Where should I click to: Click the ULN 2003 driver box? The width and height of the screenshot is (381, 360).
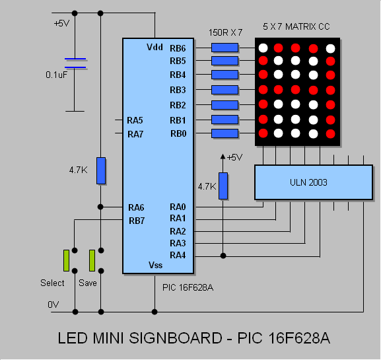[x=314, y=182]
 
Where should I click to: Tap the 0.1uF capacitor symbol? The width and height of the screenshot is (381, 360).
[x=75, y=63]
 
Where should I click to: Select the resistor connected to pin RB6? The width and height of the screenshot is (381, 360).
[x=225, y=48]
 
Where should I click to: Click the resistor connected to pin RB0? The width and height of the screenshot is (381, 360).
[x=225, y=133]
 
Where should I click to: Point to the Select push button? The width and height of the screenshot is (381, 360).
[x=66, y=260]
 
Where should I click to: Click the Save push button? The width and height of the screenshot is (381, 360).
[x=92, y=260]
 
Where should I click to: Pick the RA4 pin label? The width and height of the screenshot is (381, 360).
[x=178, y=255]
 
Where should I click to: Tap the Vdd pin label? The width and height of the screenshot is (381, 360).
[x=155, y=47]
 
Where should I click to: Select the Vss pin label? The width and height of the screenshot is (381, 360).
[x=156, y=265]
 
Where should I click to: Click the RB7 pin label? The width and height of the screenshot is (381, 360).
[x=137, y=221]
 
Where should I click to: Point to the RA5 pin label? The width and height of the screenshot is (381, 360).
[x=135, y=120]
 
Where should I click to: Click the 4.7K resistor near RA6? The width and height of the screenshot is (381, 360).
[x=101, y=170]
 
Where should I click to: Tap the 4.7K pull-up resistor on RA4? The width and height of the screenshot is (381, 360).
[x=223, y=186]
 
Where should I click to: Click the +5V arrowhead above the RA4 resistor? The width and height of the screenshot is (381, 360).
[x=223, y=157]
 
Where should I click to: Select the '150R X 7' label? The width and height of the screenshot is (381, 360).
[x=225, y=32]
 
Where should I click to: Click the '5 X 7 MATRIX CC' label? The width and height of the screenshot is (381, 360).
[x=296, y=26]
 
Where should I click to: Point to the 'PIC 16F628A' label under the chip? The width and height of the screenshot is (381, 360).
[x=188, y=287]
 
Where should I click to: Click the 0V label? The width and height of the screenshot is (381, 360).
[x=53, y=305]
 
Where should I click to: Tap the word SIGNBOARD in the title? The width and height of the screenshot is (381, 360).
[x=176, y=338]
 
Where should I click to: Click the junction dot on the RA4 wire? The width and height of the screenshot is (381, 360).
[x=223, y=256]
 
